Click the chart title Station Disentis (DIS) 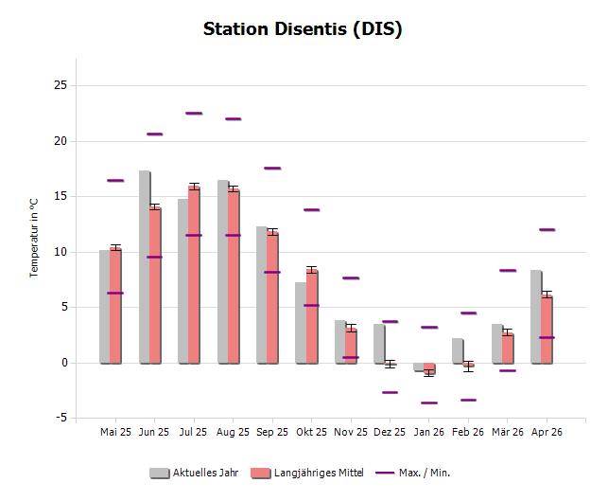point(303,28)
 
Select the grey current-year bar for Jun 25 point(144,265)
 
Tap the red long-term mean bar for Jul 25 point(194,275)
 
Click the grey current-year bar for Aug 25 point(222,270)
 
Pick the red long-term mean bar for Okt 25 point(311,317)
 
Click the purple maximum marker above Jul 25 point(194,113)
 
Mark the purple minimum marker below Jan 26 point(429,403)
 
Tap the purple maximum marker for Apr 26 point(547,229)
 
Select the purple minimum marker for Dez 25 point(390,392)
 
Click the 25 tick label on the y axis point(61,85)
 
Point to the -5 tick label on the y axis point(61,418)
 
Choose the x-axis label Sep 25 point(272,432)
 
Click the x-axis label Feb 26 point(468,432)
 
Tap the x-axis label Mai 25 point(115,432)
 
